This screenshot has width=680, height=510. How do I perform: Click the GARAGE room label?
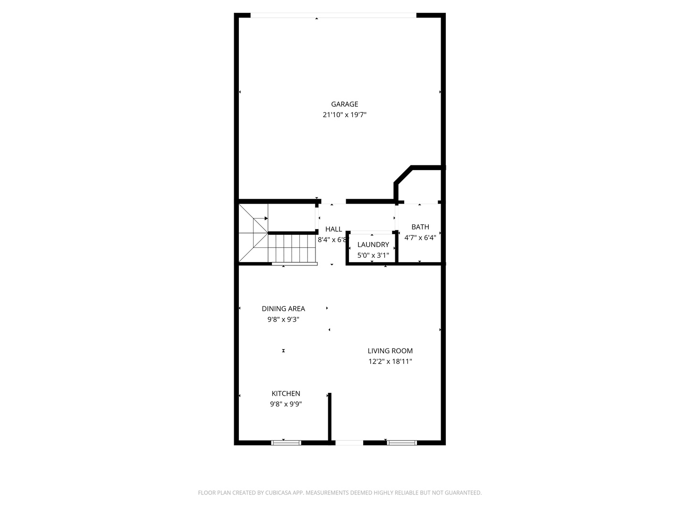(x=344, y=104)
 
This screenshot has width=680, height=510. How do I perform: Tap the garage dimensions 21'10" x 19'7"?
(x=344, y=115)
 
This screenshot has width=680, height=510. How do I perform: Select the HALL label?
(x=333, y=229)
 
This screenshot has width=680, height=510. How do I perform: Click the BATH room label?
(x=420, y=227)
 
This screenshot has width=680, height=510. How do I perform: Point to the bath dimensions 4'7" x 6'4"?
(x=420, y=238)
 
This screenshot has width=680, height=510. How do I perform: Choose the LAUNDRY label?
(x=373, y=245)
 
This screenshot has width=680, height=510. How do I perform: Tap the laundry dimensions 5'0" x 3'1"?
(x=373, y=255)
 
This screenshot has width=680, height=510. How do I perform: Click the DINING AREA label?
(x=283, y=309)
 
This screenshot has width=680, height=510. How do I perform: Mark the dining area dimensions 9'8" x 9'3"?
(x=283, y=319)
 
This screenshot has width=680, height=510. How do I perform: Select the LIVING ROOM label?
(x=390, y=351)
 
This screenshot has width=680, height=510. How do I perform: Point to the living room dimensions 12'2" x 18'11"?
(x=390, y=361)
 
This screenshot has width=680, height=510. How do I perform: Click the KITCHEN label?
(x=286, y=393)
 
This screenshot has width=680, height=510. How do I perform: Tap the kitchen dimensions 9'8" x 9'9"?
(x=286, y=404)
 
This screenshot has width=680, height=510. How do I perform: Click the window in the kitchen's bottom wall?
(x=286, y=442)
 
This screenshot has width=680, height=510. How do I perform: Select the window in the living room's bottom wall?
(x=402, y=442)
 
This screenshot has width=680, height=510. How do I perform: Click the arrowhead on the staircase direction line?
(x=266, y=218)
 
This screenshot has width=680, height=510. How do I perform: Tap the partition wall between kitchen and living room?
(x=330, y=417)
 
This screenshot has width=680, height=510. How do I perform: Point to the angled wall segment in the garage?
(x=403, y=175)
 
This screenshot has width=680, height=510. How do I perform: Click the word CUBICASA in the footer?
(x=279, y=493)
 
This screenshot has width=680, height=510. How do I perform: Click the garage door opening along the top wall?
(x=333, y=15)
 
